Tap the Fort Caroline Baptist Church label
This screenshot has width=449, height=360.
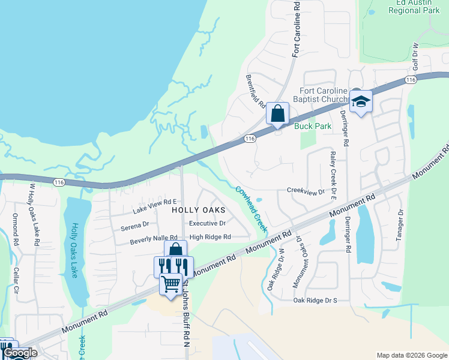pos(324,95)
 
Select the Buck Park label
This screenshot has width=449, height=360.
pos(309,126)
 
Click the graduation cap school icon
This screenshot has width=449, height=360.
pos(361,101)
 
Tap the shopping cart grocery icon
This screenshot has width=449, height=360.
pos(171,283)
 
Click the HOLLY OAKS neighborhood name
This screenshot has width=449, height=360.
pos(199,210)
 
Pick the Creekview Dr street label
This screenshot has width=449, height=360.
pos(306,191)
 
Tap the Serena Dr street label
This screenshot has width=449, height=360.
pos(134,225)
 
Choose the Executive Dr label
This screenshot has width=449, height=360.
pos(207,223)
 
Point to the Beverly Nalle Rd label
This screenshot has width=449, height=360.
pos(154,239)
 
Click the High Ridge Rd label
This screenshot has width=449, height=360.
pos(210,237)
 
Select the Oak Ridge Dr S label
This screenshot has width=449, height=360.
pos(315,299)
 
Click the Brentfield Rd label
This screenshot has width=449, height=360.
pos(256,91)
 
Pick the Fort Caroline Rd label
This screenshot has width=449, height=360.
pos(296,29)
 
